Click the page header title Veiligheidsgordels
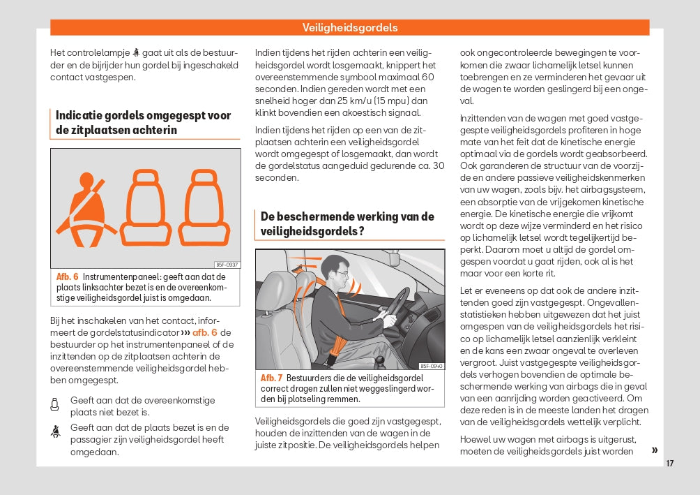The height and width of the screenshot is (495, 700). [x=350, y=28]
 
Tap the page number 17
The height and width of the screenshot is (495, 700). [x=669, y=463]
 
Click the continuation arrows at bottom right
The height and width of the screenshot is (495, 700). [x=654, y=450]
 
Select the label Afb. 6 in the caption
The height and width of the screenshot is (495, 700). [x=67, y=277]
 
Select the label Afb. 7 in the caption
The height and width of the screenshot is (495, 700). [x=272, y=378]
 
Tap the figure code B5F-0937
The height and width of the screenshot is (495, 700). [x=227, y=265]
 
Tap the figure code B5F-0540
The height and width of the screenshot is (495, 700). [x=432, y=366]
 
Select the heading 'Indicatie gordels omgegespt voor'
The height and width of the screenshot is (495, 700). [x=143, y=115]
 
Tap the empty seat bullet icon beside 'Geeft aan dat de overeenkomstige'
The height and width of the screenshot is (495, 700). [x=55, y=404]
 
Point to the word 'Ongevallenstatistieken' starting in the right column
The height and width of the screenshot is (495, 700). [x=614, y=302]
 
